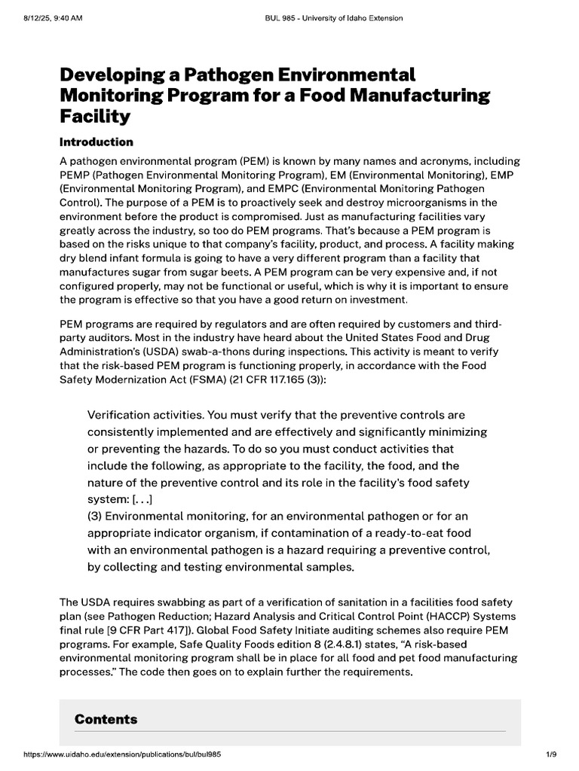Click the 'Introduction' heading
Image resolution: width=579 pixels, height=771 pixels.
[96, 142]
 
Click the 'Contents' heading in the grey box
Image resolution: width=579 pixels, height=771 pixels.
[106, 719]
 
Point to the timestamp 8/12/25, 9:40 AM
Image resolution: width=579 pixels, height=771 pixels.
[52, 18]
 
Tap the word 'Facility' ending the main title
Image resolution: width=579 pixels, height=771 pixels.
[95, 117]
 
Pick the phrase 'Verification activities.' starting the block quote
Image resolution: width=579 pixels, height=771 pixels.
[146, 415]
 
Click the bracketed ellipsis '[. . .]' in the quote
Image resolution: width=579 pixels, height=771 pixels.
[142, 498]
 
